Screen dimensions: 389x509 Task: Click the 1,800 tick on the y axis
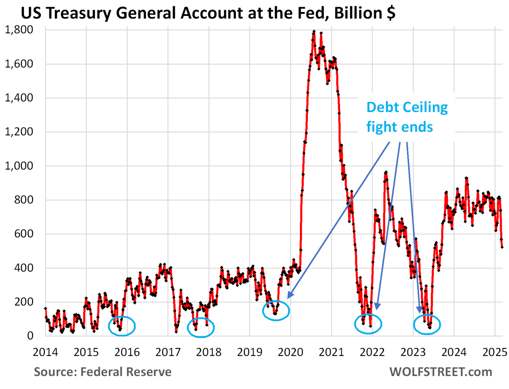(x=19, y=30)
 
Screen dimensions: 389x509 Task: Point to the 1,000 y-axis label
(x=19, y=166)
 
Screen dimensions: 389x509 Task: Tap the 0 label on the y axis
(x=30, y=336)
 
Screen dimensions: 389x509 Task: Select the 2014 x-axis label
(x=45, y=352)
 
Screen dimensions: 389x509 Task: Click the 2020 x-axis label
(x=290, y=352)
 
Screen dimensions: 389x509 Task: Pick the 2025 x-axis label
(x=494, y=352)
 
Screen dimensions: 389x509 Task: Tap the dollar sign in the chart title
(x=391, y=13)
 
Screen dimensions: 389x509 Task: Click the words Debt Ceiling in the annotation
(x=407, y=107)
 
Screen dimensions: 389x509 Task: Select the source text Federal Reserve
(x=126, y=372)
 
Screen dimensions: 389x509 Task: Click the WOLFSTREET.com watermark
(x=441, y=372)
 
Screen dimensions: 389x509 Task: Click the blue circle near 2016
(x=122, y=326)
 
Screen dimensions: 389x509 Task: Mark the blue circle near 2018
(x=201, y=327)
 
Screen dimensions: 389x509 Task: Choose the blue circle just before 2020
(x=276, y=310)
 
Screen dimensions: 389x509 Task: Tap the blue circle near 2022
(x=368, y=324)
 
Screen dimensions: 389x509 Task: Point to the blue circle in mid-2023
(x=427, y=324)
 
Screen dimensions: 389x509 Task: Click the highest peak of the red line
(x=314, y=32)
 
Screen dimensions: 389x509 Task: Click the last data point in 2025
(x=502, y=247)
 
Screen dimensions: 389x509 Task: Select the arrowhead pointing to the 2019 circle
(x=289, y=295)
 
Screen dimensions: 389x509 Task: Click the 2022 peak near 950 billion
(x=386, y=173)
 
